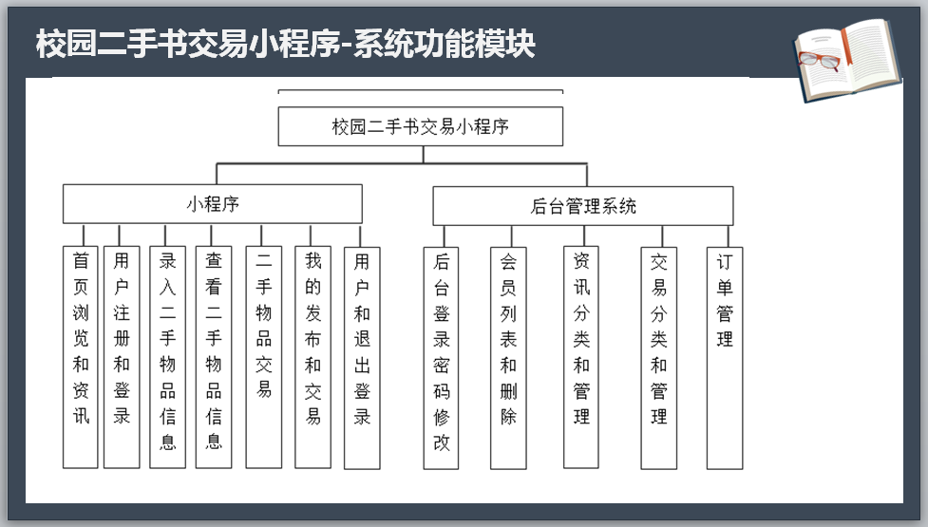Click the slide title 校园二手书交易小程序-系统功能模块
285,44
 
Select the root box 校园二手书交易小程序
420,126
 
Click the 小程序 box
213,204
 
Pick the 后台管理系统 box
583,206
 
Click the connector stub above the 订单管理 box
729,235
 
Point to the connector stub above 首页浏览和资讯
84,235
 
